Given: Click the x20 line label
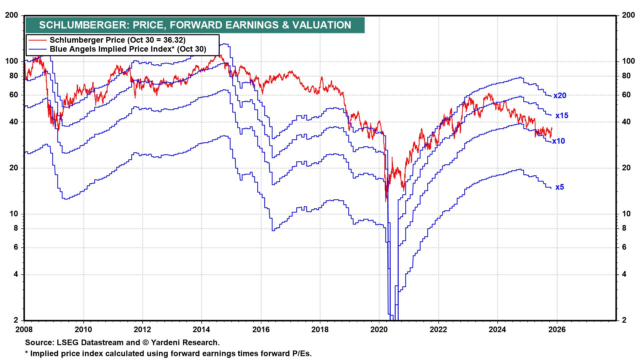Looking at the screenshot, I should [x=560, y=96].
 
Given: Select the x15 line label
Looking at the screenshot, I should [x=562, y=116].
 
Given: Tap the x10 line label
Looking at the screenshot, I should [x=559, y=141].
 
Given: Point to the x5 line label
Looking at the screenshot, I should [x=560, y=187].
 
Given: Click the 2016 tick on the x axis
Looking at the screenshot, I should [x=261, y=329].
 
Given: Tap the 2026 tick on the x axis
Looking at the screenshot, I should [x=557, y=329].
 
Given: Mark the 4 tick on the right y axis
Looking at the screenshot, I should [x=624, y=274].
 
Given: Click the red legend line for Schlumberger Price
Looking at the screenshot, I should [x=37, y=40].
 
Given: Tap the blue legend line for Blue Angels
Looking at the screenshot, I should [x=37, y=49].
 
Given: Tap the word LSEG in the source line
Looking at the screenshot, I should [x=64, y=342].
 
